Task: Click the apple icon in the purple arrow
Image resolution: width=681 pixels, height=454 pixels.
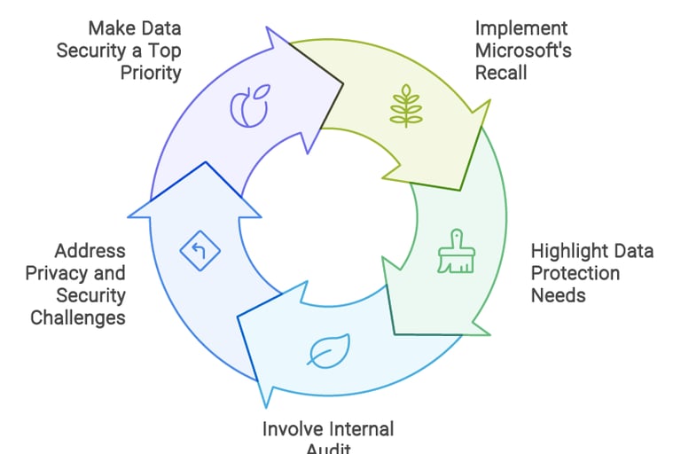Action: click(x=249, y=106)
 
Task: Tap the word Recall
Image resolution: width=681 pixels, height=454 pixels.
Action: click(x=502, y=72)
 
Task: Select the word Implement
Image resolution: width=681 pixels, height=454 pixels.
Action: click(x=521, y=27)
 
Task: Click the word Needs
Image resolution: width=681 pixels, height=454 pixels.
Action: click(x=558, y=294)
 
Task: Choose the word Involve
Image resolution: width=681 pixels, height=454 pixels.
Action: click(x=294, y=429)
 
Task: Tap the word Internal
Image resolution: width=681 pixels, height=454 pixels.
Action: click(x=362, y=429)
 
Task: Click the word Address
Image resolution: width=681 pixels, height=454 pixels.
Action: click(x=90, y=251)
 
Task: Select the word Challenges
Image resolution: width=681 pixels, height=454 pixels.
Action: click(x=78, y=317)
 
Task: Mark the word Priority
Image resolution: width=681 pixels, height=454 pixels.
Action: click(x=151, y=72)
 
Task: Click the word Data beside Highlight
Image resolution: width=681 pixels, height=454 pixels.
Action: click(x=634, y=251)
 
